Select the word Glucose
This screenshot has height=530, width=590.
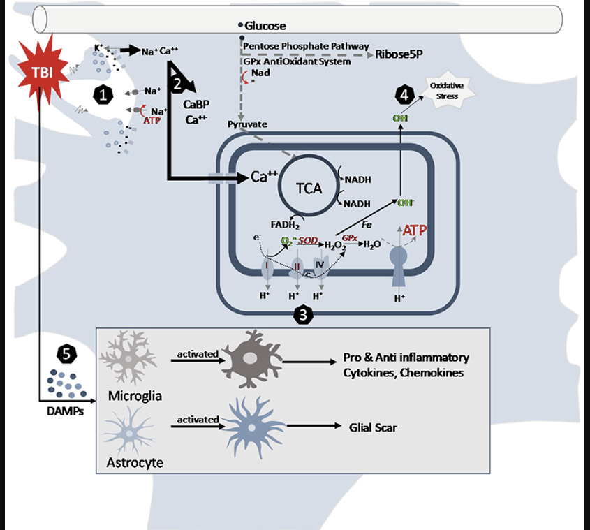pos(265,26)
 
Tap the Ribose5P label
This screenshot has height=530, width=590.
pos(399,54)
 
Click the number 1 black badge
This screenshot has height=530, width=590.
pos(104,96)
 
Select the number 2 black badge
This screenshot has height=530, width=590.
pos(177,84)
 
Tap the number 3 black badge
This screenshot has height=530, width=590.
pos(302,316)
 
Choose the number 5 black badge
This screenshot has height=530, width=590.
pos(67,354)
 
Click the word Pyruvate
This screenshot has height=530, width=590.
pos(247,124)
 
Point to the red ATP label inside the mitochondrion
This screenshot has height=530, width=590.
pos(415,230)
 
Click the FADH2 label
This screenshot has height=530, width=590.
pos(285,225)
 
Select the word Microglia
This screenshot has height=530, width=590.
pos(135,396)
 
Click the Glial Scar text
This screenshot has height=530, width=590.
pos(373,427)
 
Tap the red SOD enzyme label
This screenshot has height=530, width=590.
pos(309,240)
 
